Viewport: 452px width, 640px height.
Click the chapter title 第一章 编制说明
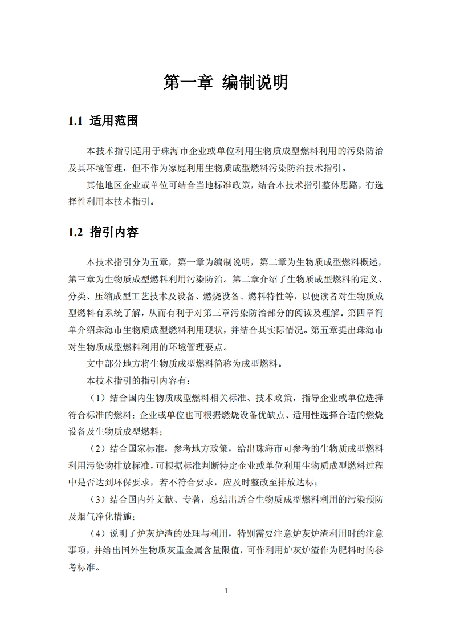[x=226, y=82]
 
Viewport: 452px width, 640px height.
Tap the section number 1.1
[x=75, y=121]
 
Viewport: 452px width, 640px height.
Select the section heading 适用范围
[x=114, y=121]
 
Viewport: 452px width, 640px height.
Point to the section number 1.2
[x=75, y=233]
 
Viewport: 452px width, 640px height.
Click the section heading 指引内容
[x=114, y=233]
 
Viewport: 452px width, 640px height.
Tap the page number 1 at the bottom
[x=226, y=590]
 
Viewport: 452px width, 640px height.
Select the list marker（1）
[x=98, y=398]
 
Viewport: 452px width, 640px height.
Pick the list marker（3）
[x=98, y=500]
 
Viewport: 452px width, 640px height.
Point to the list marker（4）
[x=98, y=534]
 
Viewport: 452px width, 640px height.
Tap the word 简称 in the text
[x=214, y=363]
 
